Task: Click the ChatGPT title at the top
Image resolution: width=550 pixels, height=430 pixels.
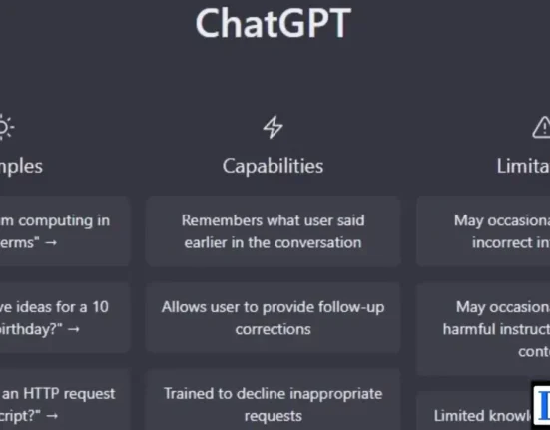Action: click(x=273, y=24)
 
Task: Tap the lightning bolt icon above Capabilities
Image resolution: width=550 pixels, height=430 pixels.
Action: click(x=273, y=127)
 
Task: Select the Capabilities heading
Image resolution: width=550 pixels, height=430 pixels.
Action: click(x=273, y=166)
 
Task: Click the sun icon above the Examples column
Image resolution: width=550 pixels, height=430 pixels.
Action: click(x=5, y=127)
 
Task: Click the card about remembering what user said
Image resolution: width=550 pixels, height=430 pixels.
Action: click(x=273, y=231)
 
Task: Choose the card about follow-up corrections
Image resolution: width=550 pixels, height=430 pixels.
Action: click(x=273, y=317)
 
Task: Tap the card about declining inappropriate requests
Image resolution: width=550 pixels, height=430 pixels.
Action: click(x=273, y=402)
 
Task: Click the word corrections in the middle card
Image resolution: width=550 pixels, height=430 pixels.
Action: click(x=273, y=328)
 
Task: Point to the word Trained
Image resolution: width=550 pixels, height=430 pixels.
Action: click(x=192, y=392)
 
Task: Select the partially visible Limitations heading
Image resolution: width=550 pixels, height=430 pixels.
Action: click(x=523, y=166)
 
